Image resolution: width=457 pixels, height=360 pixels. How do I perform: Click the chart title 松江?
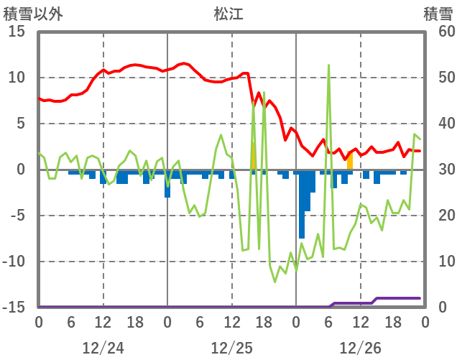coord(229,13)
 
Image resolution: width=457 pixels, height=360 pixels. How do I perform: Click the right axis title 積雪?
coord(438,13)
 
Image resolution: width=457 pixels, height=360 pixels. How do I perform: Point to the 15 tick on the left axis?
coord(17,32)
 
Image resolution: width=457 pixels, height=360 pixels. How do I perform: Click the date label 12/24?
coord(103,348)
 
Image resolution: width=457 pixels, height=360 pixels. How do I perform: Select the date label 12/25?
coord(231,348)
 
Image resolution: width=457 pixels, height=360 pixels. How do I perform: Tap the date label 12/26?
coord(360,348)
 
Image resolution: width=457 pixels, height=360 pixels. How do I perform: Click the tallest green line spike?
coord(328,65)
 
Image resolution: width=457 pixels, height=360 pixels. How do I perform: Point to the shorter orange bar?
coord(350,163)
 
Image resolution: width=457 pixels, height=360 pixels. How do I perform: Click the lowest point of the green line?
coord(274,282)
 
